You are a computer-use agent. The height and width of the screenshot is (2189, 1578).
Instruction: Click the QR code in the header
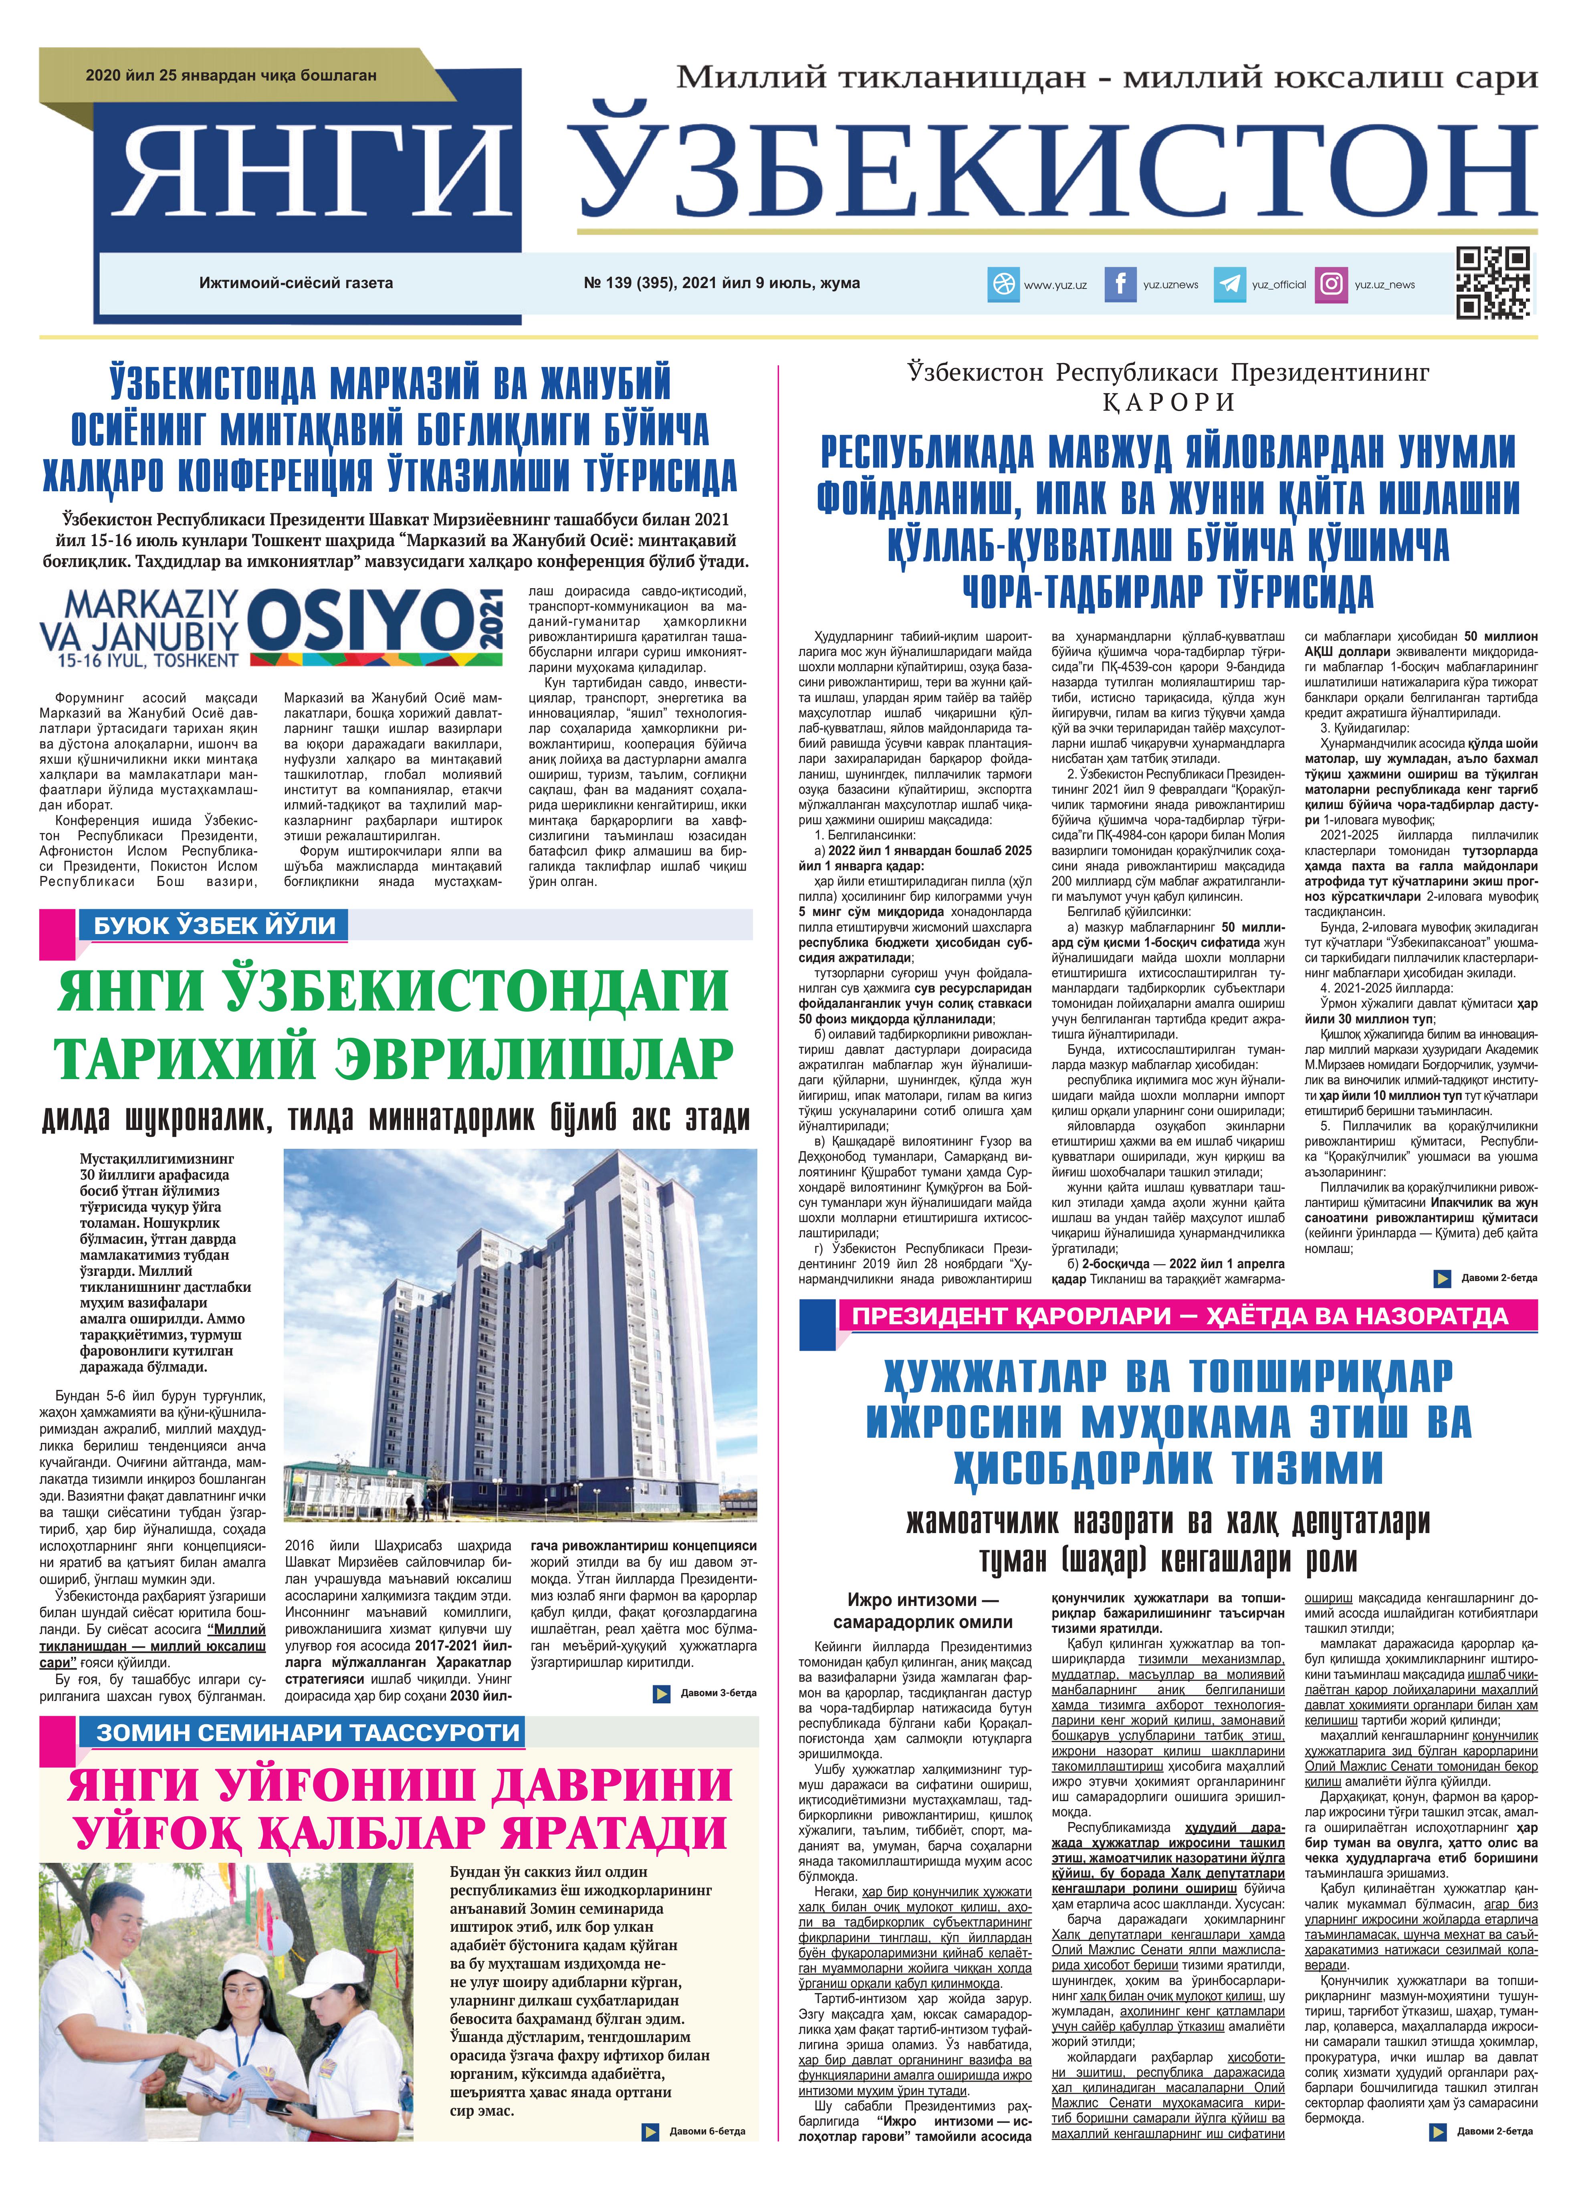pos(1492,283)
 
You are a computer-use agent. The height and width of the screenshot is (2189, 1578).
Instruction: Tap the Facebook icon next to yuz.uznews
pos(1120,284)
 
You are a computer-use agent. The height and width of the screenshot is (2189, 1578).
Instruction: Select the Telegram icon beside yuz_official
pos(1229,284)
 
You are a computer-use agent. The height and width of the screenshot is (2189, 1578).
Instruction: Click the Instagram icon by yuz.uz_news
pos(1332,284)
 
